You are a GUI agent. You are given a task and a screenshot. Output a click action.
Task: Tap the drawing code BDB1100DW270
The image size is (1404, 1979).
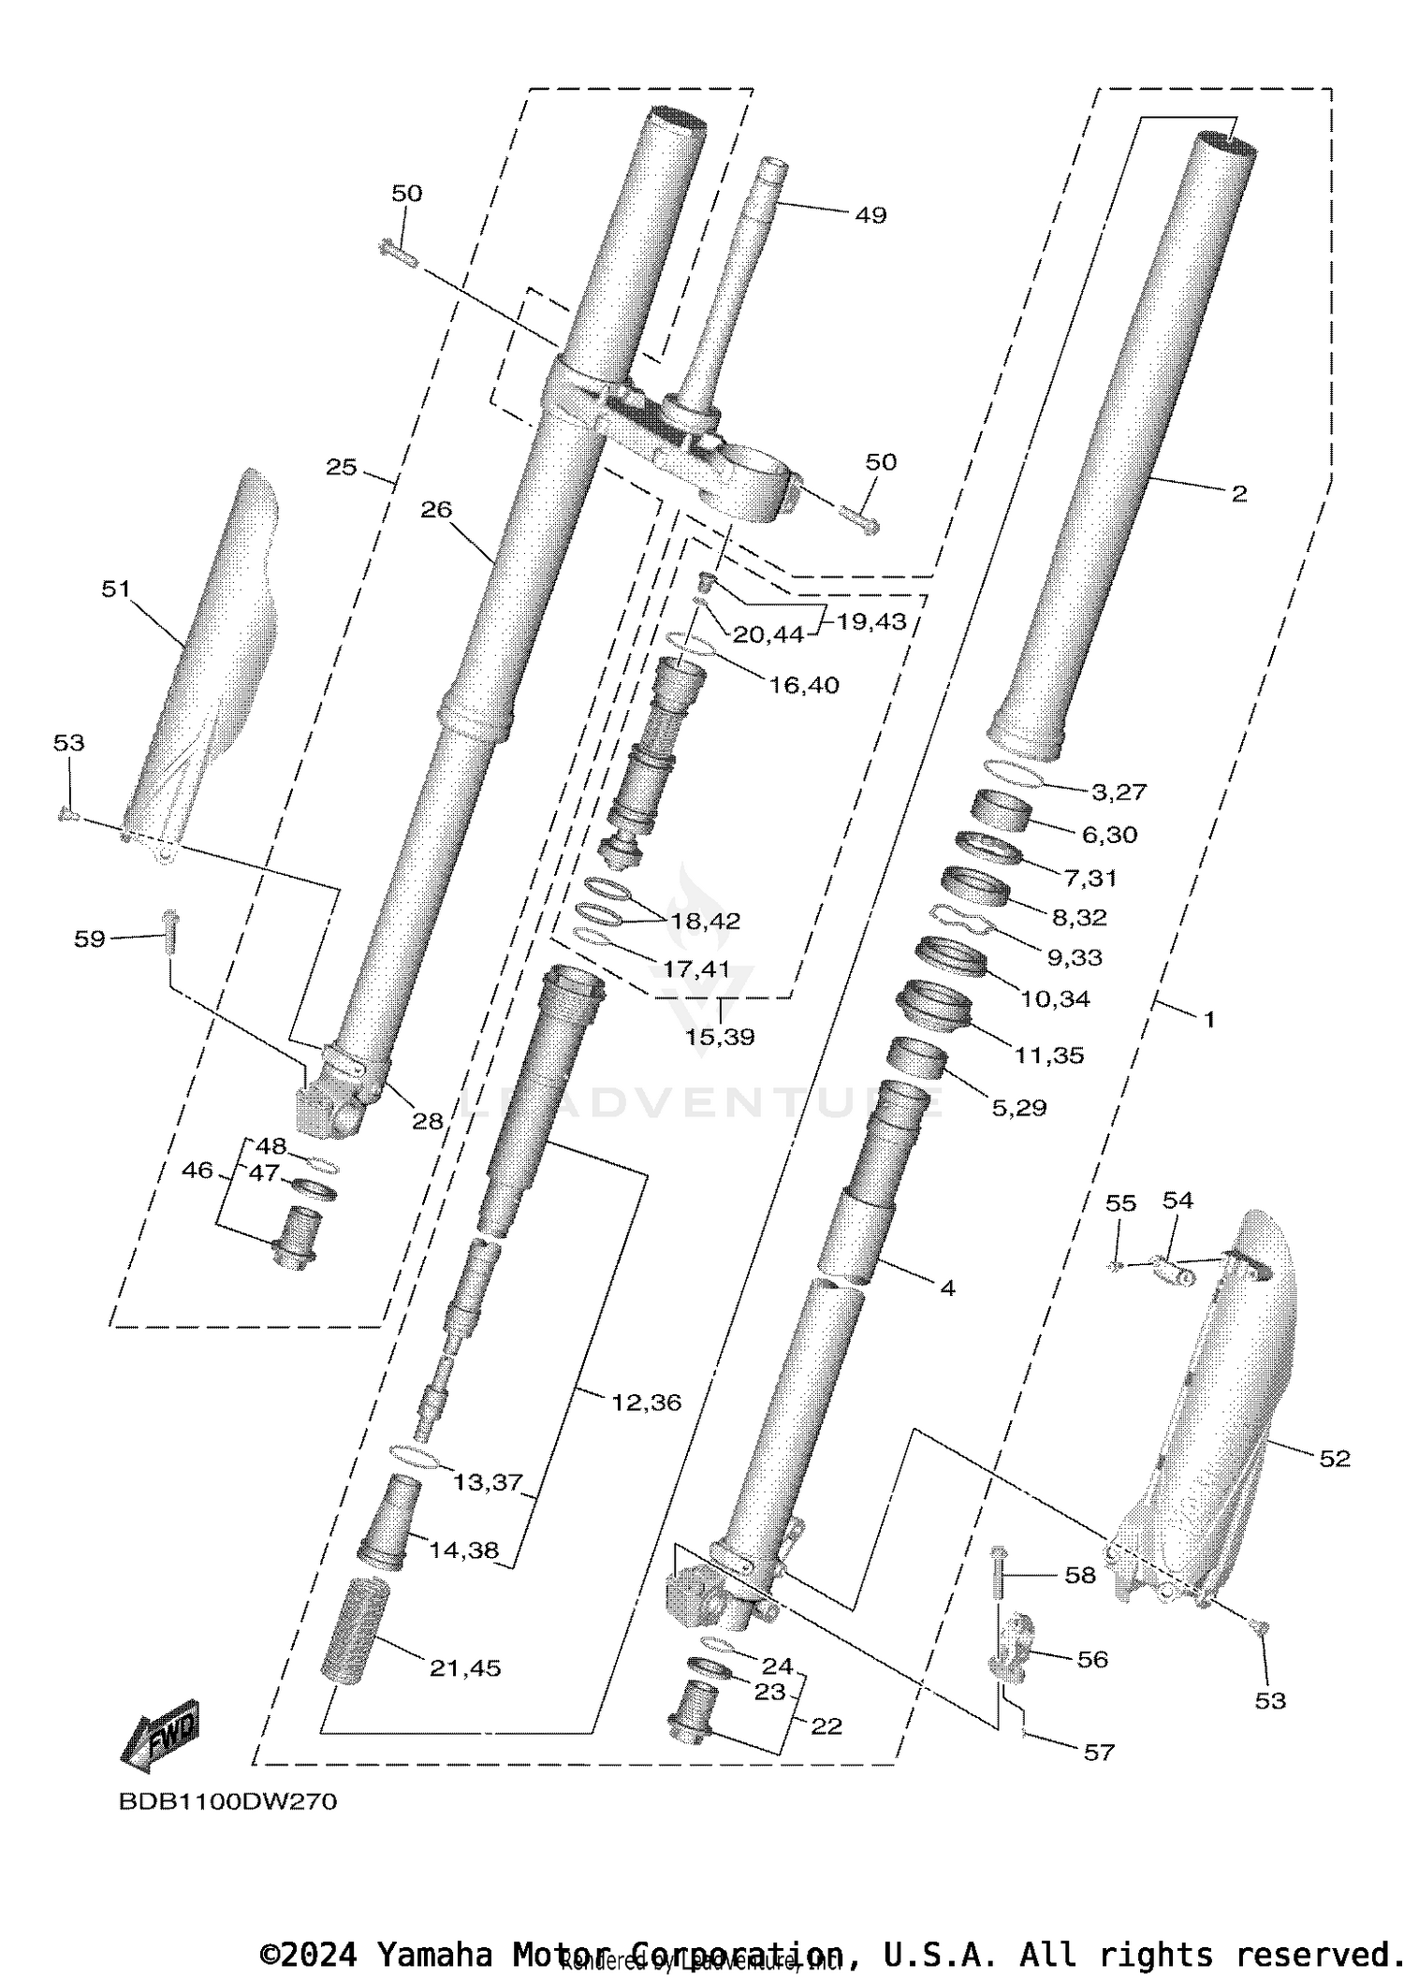[x=227, y=1801]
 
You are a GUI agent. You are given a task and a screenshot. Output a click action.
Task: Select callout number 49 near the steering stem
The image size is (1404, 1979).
[x=870, y=215]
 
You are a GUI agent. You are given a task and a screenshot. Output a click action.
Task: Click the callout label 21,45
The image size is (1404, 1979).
[x=465, y=1667]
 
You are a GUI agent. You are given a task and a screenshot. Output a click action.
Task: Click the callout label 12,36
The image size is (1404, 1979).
[x=646, y=1402]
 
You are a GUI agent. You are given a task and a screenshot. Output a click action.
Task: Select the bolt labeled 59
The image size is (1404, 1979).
[x=170, y=932]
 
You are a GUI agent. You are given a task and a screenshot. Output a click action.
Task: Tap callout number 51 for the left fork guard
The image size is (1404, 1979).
[x=116, y=589]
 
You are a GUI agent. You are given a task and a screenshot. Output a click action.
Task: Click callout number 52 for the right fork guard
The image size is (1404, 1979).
[x=1334, y=1458]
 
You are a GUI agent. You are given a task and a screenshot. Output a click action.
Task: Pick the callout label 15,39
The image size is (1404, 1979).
[x=720, y=1037]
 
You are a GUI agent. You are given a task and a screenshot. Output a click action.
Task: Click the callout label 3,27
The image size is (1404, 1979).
[x=1119, y=792]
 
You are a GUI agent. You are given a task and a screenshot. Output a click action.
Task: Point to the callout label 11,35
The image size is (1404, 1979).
[x=1049, y=1055]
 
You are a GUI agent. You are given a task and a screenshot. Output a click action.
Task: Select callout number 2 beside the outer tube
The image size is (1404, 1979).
[x=1238, y=494]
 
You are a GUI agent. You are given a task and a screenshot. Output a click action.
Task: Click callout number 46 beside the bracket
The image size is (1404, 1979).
[x=197, y=1170]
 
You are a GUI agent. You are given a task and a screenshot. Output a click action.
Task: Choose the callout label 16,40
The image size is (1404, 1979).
[x=803, y=685]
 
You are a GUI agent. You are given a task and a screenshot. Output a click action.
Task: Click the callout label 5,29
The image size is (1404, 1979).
[x=1018, y=1107]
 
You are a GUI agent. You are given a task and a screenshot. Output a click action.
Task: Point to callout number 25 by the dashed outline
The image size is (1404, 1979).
[x=342, y=467]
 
